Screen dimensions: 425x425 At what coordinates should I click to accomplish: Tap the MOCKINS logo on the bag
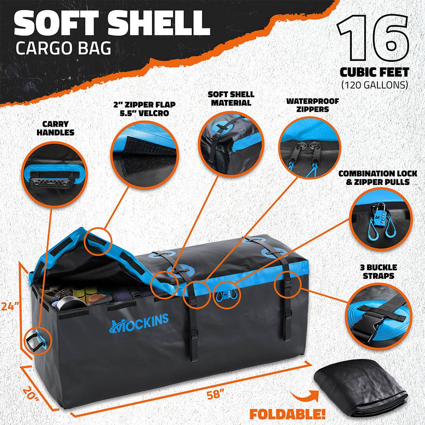(139, 320)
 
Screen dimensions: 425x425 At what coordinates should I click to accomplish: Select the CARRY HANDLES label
(55, 128)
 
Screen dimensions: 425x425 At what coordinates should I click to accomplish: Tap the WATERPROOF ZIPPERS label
(312, 105)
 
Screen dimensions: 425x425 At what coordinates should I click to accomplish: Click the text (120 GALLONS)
(375, 84)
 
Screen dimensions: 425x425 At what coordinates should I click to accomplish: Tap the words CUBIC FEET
(375, 72)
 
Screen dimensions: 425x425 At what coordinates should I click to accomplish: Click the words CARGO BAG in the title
(63, 48)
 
